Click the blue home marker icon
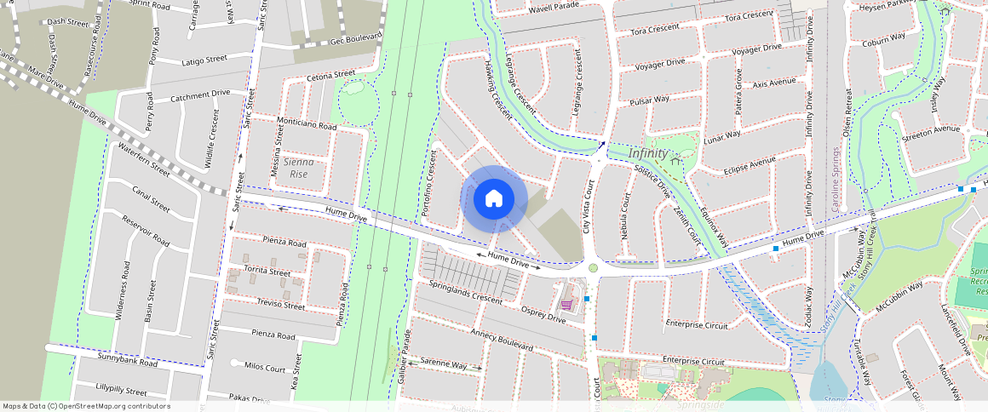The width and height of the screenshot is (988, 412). pyautogui.click(x=493, y=199)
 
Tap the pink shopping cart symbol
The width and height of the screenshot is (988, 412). pyautogui.click(x=566, y=304)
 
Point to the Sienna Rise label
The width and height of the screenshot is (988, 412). pyautogui.click(x=300, y=167)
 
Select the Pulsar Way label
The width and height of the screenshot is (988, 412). pyautogui.click(x=648, y=101)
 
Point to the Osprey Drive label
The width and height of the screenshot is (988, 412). pyautogui.click(x=543, y=313)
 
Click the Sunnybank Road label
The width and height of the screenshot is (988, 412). pyautogui.click(x=127, y=363)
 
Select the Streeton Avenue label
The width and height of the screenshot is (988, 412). pyautogui.click(x=930, y=131)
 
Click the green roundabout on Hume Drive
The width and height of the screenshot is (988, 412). pyautogui.click(x=593, y=267)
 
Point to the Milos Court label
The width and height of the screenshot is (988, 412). pyautogui.click(x=264, y=367)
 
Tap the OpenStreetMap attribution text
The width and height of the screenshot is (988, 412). pyautogui.click(x=86, y=406)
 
